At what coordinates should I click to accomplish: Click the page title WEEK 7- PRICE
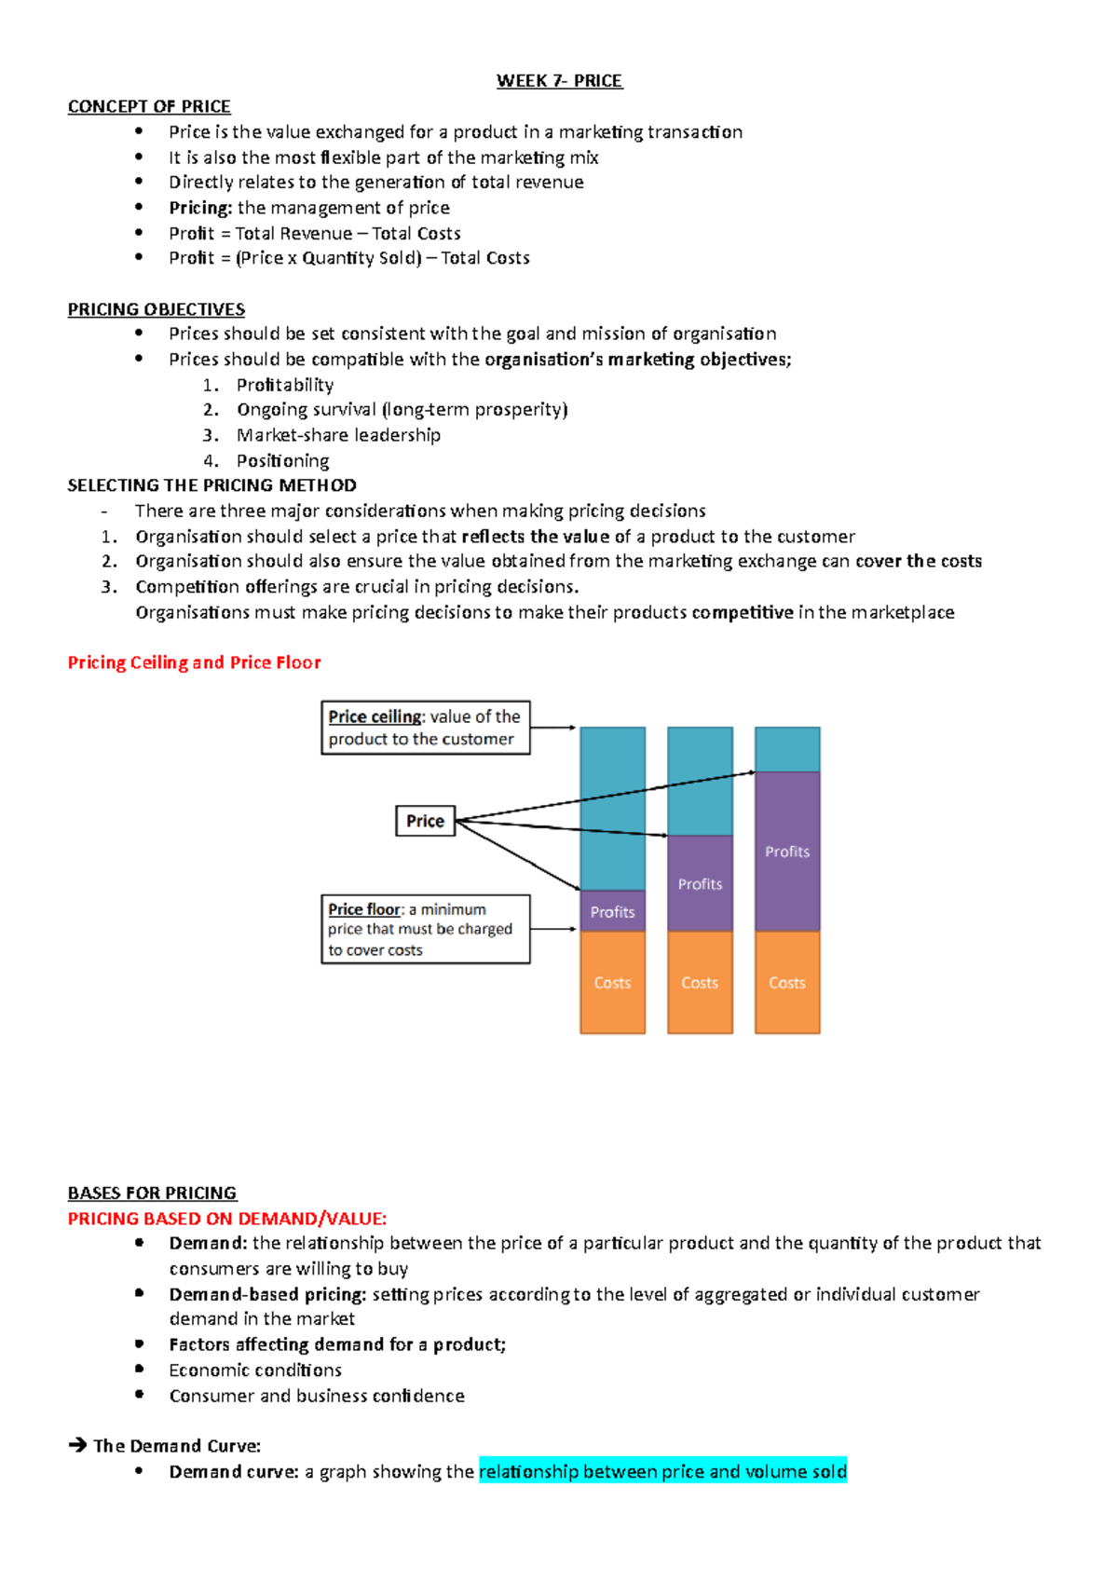pyautogui.click(x=559, y=81)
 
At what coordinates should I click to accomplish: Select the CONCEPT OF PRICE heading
pyautogui.click(x=149, y=106)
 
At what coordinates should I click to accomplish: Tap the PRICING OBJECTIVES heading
pyautogui.click(x=156, y=309)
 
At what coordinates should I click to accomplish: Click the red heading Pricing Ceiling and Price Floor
pyautogui.click(x=194, y=662)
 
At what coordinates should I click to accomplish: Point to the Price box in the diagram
pyautogui.click(x=425, y=821)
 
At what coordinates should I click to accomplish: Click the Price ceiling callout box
pyautogui.click(x=425, y=728)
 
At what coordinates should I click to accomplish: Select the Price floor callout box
pyautogui.click(x=425, y=929)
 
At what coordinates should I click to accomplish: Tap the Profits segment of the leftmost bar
pyautogui.click(x=612, y=911)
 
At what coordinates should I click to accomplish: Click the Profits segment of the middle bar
pyautogui.click(x=700, y=883)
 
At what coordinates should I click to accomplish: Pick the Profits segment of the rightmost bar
pyautogui.click(x=787, y=851)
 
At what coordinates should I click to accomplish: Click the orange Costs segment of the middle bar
pyautogui.click(x=700, y=983)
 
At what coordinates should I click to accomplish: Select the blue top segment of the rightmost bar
pyautogui.click(x=787, y=749)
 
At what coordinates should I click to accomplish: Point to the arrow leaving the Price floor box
pyautogui.click(x=554, y=929)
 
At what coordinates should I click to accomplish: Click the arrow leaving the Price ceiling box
pyautogui.click(x=554, y=728)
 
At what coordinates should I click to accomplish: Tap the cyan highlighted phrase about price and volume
pyautogui.click(x=662, y=1471)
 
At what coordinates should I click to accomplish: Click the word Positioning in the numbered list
pyautogui.click(x=282, y=460)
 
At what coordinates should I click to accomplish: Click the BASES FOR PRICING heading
pyautogui.click(x=152, y=1193)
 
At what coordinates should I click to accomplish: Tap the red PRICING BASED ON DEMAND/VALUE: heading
pyautogui.click(x=226, y=1219)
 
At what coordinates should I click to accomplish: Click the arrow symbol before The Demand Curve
pyautogui.click(x=77, y=1446)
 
